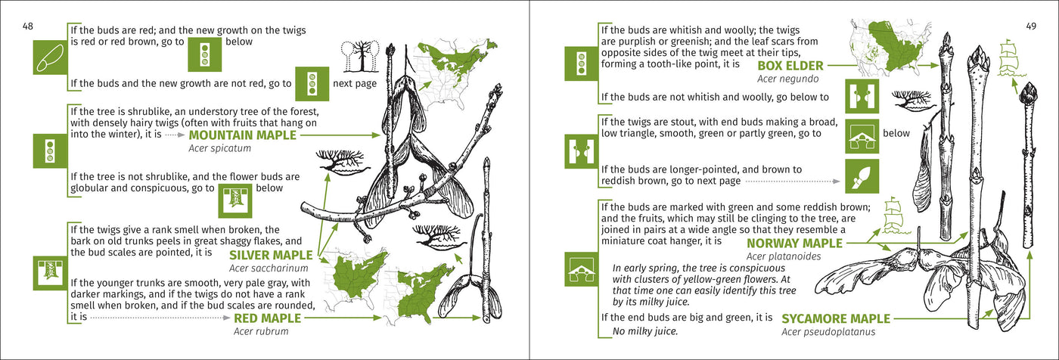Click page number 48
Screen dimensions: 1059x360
(28, 26)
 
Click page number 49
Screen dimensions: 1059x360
(1031, 26)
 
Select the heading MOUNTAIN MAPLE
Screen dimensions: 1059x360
(243, 135)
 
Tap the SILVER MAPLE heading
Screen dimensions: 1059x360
(271, 255)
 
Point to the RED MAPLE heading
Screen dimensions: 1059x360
(268, 318)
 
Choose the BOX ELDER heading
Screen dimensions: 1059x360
(790, 66)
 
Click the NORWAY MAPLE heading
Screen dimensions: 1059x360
(795, 244)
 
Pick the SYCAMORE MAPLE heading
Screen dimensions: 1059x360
(836, 319)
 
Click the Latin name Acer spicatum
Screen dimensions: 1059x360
(220, 148)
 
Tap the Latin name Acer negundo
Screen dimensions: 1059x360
(787, 79)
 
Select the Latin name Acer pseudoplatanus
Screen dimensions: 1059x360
(828, 332)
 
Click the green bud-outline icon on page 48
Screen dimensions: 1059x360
(50, 57)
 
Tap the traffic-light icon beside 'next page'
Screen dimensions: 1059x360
(312, 84)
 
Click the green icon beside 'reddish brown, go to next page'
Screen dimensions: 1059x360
(862, 176)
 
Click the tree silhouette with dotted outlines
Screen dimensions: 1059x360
(360, 56)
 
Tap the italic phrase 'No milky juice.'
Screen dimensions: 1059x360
(645, 332)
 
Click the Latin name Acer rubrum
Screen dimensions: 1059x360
(261, 332)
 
